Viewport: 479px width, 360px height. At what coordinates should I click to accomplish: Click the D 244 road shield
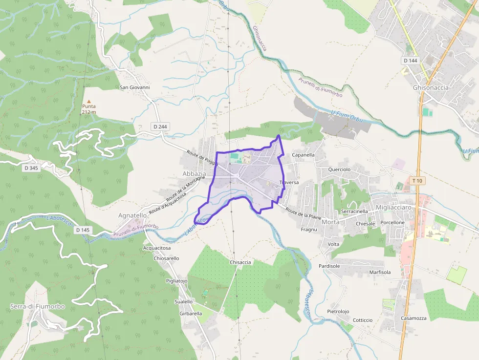click(160, 127)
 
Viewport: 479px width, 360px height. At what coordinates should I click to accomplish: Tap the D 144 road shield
click(411, 61)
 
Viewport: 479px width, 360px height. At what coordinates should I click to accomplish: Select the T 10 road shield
click(417, 181)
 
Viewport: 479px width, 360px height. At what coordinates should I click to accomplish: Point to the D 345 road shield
click(31, 168)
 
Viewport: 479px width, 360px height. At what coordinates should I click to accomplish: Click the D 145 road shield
click(83, 230)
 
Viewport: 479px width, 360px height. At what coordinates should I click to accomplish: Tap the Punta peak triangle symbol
click(88, 101)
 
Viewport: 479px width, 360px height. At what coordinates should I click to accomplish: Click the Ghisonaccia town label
click(431, 88)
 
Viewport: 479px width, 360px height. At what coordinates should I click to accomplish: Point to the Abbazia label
click(194, 174)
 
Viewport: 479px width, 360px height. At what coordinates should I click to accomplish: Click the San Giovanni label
click(135, 87)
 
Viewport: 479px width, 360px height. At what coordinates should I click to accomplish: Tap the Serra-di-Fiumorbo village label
click(37, 306)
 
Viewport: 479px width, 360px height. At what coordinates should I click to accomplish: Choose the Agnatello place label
click(132, 215)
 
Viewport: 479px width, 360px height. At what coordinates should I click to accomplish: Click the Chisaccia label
click(240, 262)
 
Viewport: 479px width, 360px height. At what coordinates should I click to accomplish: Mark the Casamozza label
click(414, 318)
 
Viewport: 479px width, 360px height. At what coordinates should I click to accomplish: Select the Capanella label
click(303, 155)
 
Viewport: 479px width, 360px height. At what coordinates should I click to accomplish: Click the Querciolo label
click(340, 169)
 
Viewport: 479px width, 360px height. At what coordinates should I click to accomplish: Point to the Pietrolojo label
click(338, 311)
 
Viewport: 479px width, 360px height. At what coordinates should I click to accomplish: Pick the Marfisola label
click(380, 272)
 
